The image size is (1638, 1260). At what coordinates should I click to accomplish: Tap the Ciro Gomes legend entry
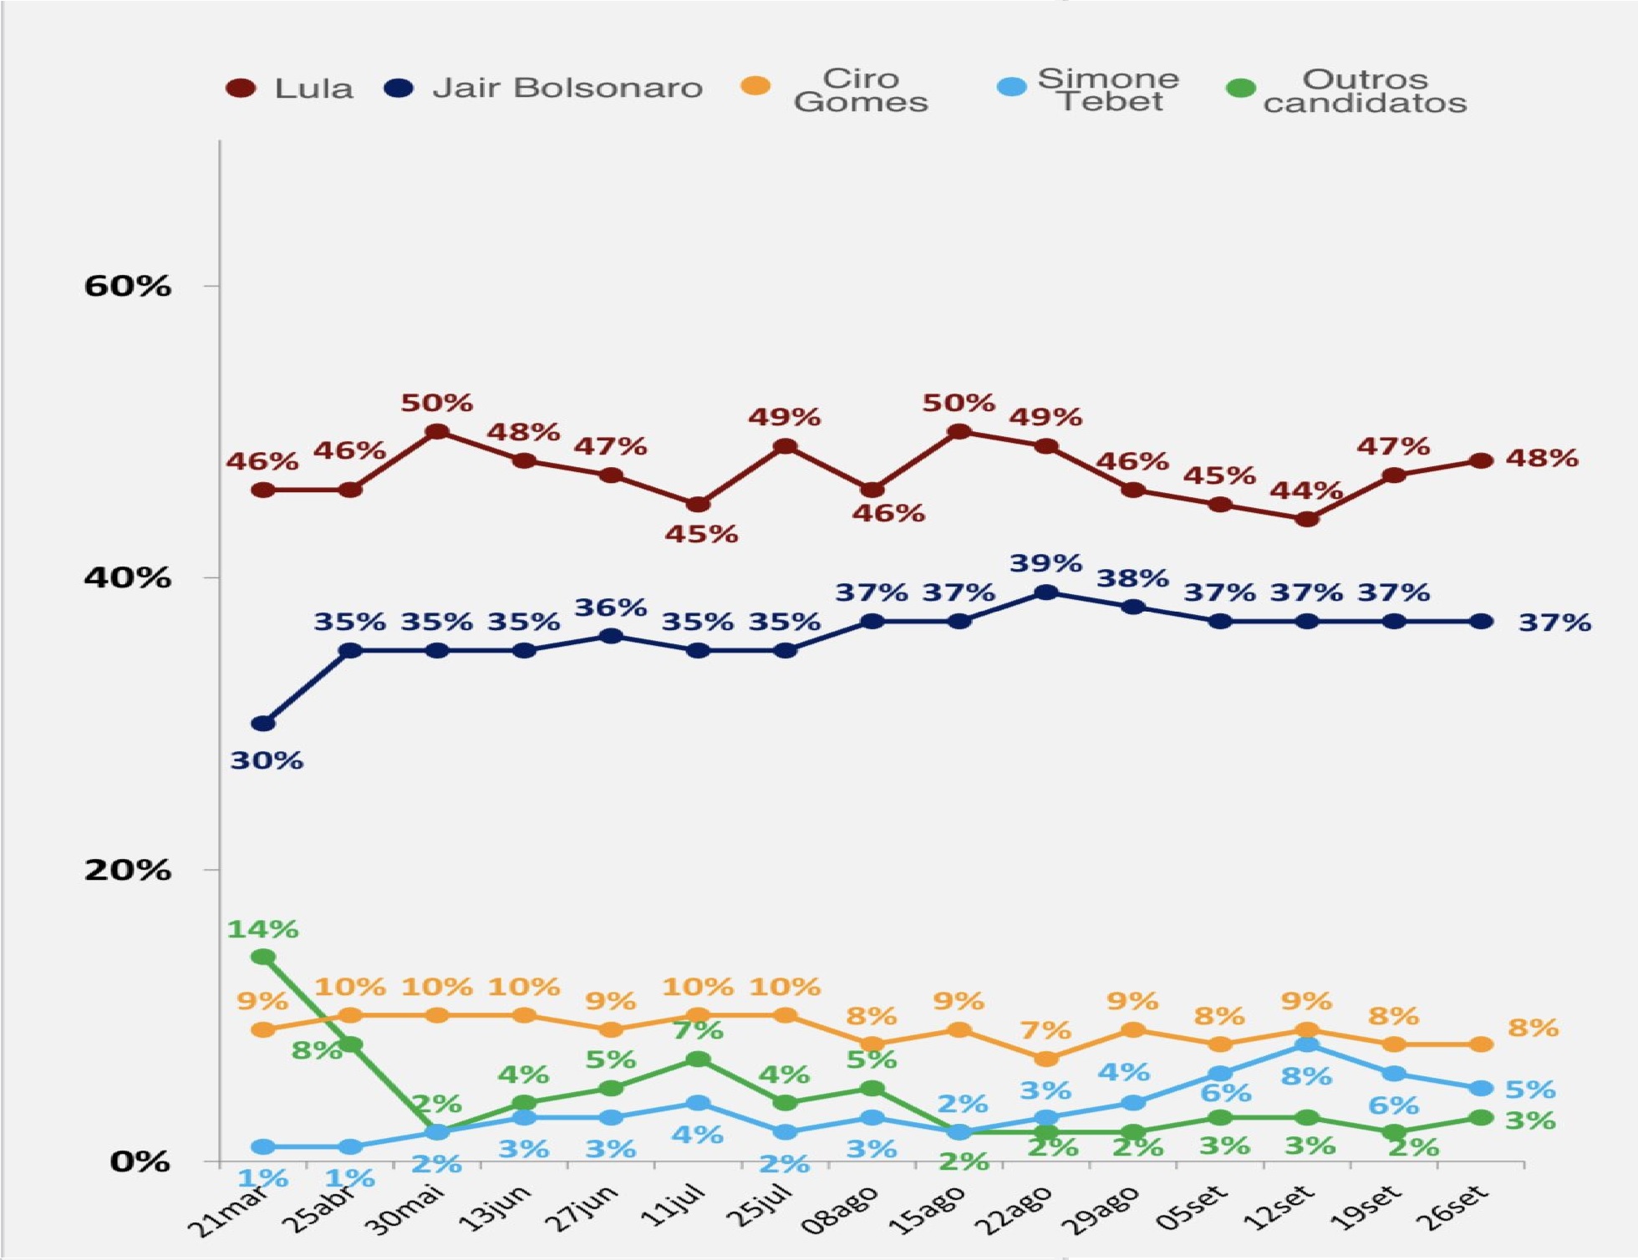point(837,89)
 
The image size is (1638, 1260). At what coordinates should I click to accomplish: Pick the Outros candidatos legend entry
point(1345,90)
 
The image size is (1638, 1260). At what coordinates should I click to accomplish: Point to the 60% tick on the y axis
point(127,287)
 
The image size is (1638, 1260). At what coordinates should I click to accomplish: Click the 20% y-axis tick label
point(127,870)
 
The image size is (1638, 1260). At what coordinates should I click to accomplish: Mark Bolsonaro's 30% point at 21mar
point(263,724)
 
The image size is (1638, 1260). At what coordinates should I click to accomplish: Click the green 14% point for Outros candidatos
point(263,957)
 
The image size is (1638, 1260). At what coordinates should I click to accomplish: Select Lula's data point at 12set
point(1307,519)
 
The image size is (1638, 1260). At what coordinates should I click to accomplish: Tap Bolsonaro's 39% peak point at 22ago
point(1045,592)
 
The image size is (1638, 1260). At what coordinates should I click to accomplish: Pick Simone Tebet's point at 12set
point(1307,1045)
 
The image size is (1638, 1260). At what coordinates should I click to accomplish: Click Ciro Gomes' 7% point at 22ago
point(1045,1059)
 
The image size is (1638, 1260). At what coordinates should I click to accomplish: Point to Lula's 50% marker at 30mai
point(437,432)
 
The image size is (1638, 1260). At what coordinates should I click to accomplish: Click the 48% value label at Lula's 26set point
point(1542,459)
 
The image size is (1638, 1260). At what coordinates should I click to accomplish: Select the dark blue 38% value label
point(1132,578)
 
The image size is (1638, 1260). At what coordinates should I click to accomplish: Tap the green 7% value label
point(698,1030)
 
